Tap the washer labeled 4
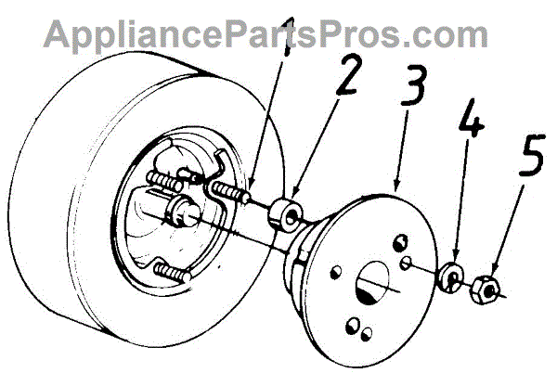[x=452, y=277]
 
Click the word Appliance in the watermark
[x=129, y=34]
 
